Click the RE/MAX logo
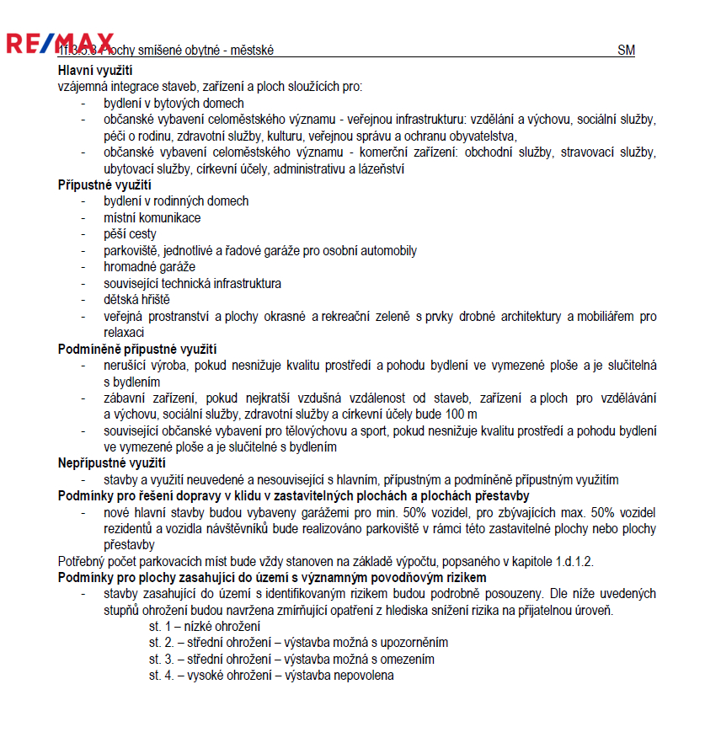coord(60,43)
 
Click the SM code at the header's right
coord(626,51)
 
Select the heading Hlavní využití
coord(95,71)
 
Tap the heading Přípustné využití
coord(104,185)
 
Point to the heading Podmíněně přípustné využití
coord(137,349)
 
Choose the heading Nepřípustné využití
coord(111,462)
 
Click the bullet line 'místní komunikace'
coord(152,218)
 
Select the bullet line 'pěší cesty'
coord(130,234)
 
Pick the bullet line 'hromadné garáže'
coord(149,267)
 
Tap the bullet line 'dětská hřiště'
coord(136,300)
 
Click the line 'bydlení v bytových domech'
coord(174,104)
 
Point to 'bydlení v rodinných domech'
coord(176,202)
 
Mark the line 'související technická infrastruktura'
coord(192,284)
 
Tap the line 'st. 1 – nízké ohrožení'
coord(205,627)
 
